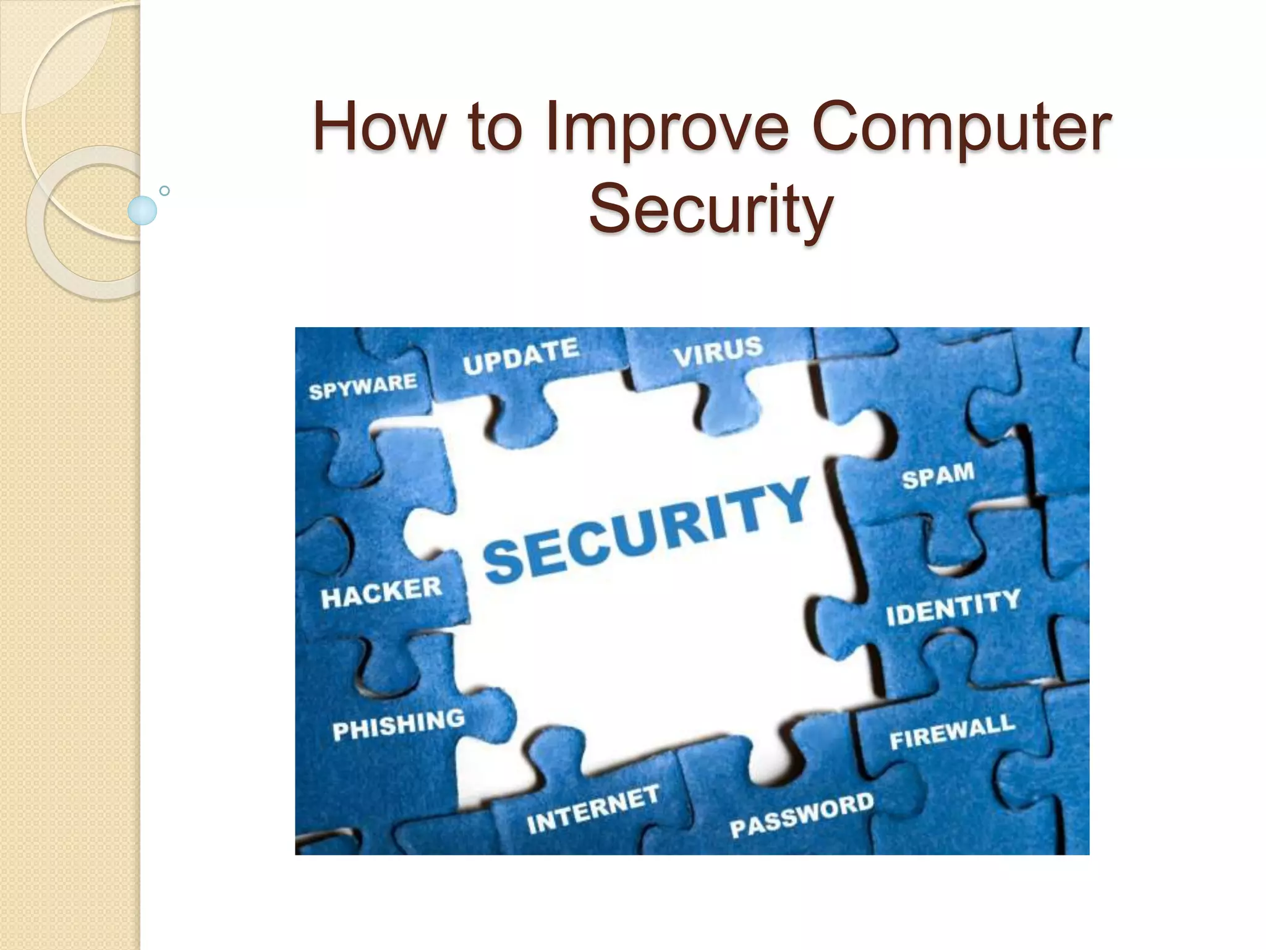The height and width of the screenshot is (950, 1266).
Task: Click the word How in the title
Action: pos(378,126)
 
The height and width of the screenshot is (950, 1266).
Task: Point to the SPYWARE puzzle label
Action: pos(363,386)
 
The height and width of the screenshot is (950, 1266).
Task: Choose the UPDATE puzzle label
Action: pos(520,356)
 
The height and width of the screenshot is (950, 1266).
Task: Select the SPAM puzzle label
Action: pos(938,476)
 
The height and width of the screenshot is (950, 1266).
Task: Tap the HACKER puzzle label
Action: pos(381,593)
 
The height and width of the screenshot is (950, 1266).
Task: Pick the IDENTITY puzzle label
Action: pos(953,607)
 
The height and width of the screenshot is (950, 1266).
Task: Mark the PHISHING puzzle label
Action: pos(398,724)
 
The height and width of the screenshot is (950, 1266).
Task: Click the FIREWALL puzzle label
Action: pos(952,732)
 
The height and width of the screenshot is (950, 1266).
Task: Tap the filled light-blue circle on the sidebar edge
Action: pos(142,210)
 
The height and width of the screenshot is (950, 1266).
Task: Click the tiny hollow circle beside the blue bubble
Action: pos(164,191)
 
